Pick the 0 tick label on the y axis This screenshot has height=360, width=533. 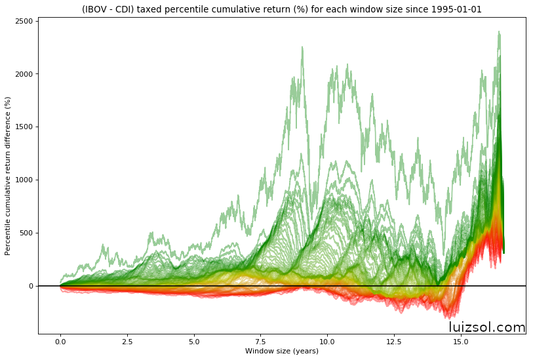pos(31,286)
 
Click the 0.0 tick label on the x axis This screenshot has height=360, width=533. pos(60,342)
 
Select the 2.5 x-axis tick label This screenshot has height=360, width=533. pos(127,342)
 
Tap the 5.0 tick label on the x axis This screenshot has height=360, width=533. pos(194,342)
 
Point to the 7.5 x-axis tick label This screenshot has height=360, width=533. pos(260,342)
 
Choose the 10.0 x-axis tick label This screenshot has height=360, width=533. pos(327,342)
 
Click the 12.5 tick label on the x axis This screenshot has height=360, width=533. pos(394,342)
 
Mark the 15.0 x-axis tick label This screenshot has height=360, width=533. pos(461,342)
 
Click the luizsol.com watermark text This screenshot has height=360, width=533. pos(486,327)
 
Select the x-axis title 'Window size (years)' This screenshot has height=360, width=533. pos(282,351)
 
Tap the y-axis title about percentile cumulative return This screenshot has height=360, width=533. pos(8,176)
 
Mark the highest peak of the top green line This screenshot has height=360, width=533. pos(499,31)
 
